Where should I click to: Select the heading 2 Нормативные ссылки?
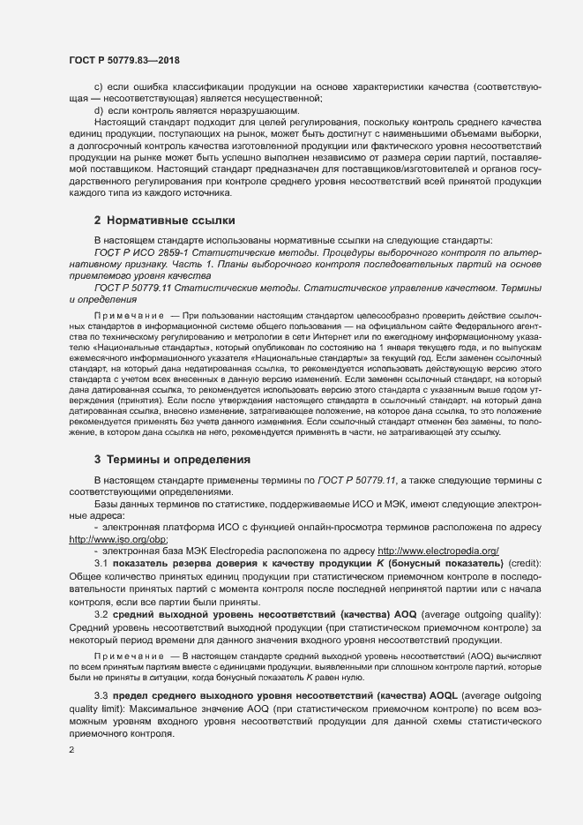[163, 219]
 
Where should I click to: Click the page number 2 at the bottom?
[71, 750]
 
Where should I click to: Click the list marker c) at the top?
[99, 88]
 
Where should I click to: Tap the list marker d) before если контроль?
[99, 111]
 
